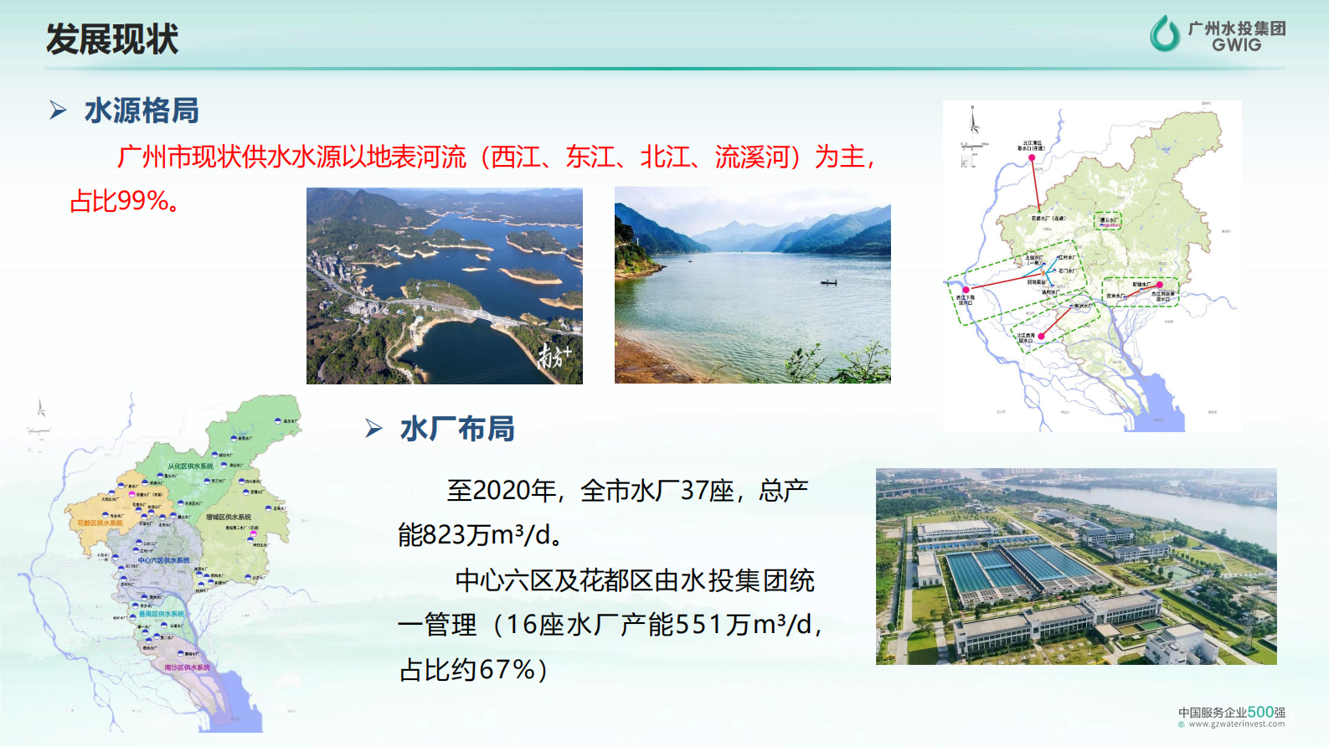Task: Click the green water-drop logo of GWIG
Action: tap(1164, 34)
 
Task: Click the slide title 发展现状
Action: tap(111, 39)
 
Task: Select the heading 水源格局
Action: tap(142, 111)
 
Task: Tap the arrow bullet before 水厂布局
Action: tap(373, 429)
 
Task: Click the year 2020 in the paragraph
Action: tap(502, 490)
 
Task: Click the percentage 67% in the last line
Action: tap(507, 669)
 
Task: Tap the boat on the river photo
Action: tap(827, 283)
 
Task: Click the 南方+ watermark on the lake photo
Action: tap(554, 356)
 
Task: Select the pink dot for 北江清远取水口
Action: tap(1032, 157)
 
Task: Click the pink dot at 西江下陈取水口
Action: tap(966, 290)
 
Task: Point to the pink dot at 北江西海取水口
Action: tap(1041, 336)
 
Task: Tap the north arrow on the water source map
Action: tap(973, 121)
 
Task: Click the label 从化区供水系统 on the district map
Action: tap(190, 466)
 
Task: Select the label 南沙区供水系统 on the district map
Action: tap(187, 667)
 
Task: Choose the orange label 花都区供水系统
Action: tap(100, 523)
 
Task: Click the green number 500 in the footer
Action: tap(1260, 712)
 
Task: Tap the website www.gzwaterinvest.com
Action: tap(1236, 724)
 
